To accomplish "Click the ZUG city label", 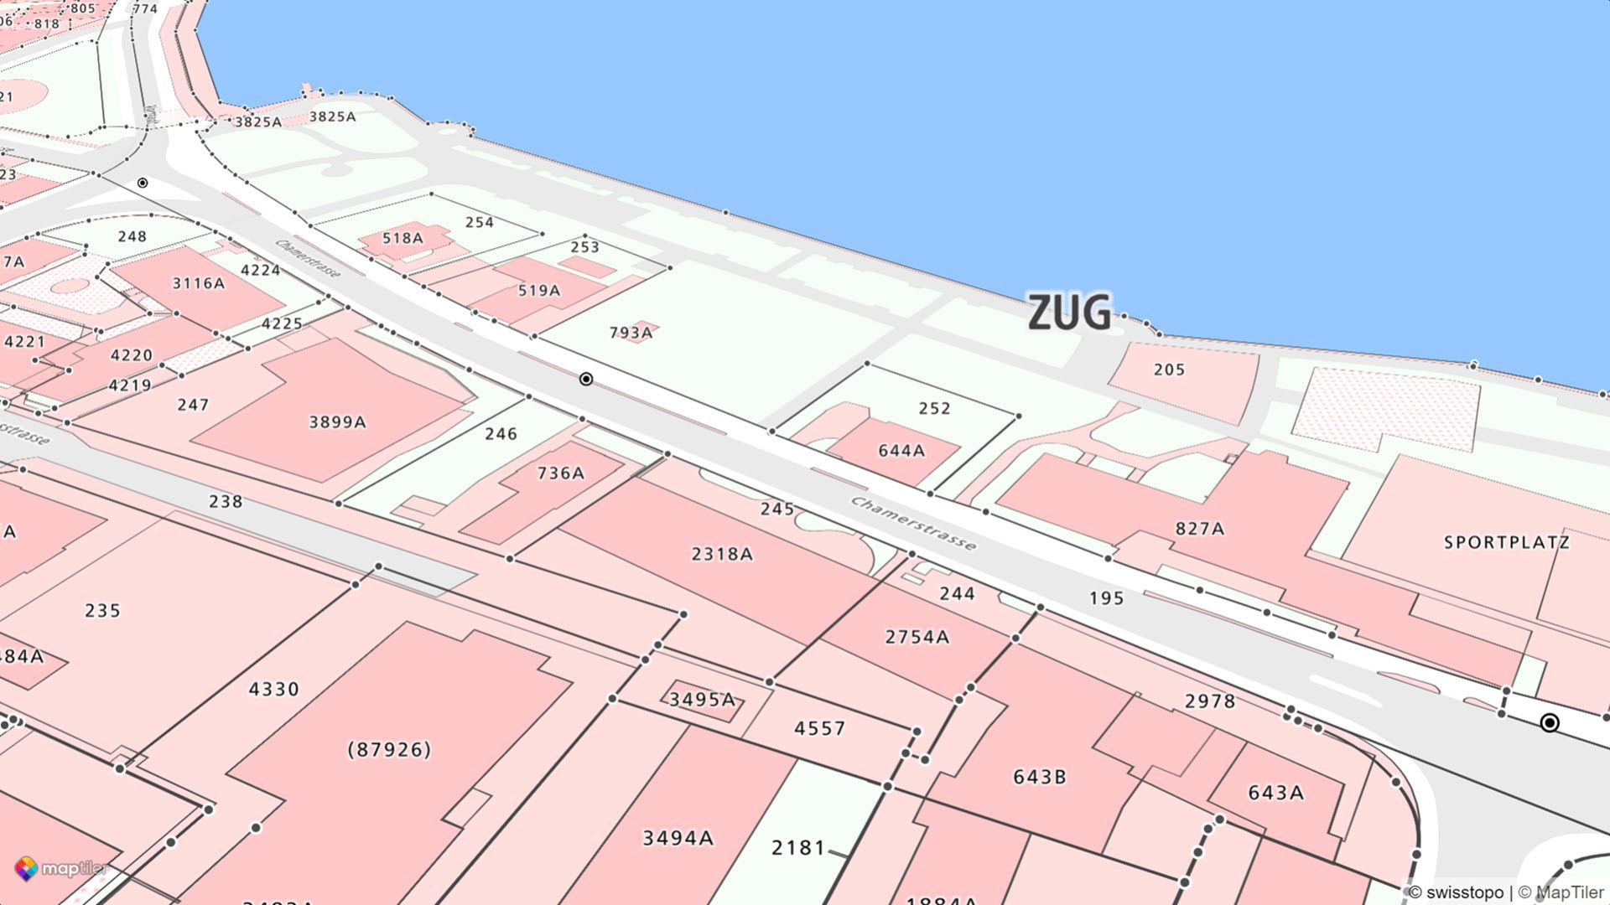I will pos(1069,313).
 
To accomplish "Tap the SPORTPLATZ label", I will pos(1506,542).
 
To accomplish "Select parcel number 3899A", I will pos(337,421).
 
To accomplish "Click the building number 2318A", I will pos(721,554).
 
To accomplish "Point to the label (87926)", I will pos(389,748).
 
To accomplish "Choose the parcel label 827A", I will pos(1199,528).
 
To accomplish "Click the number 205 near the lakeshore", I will pos(1169,370).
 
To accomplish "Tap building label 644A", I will pos(901,451).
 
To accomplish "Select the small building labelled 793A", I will pos(631,333).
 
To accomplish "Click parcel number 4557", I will pos(819,728).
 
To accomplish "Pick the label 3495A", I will pos(702,699).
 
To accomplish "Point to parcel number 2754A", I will pos(917,637).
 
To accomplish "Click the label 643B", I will pos(1039,777).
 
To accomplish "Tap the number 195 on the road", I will pos(1106,597).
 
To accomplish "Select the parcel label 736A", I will pos(560,473).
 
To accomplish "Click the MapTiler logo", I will pos(60,869).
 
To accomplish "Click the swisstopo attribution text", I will pos(1456,892).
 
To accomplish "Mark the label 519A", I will pos(538,291).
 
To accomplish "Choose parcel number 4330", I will pos(273,689).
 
